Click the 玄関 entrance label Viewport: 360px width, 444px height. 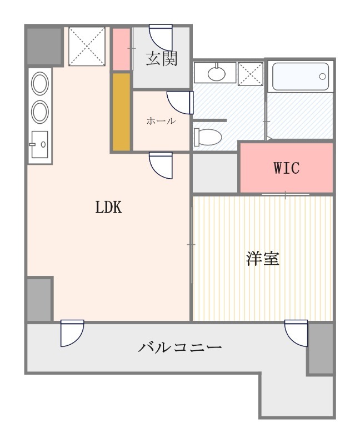tap(162, 59)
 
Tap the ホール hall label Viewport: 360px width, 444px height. tap(161, 121)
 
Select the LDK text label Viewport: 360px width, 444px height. tap(108, 207)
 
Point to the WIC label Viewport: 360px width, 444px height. tap(287, 168)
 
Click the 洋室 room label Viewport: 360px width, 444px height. tap(263, 258)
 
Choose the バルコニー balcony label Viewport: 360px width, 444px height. tap(179, 347)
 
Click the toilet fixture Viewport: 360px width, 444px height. tap(207, 137)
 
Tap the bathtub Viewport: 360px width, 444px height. tap(301, 77)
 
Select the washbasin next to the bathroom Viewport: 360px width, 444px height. tap(216, 73)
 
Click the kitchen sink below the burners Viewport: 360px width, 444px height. tap(39, 144)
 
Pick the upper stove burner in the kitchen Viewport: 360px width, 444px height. tap(39, 84)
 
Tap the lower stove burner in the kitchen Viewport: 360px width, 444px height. tap(39, 112)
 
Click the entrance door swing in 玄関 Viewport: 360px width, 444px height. tap(161, 37)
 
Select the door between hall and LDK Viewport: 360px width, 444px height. tap(161, 165)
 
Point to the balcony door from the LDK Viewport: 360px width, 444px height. tap(72, 333)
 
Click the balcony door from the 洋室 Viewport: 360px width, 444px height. tap(296, 333)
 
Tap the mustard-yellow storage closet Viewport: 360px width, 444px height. tap(121, 112)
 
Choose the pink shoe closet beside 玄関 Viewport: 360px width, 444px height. tap(121, 48)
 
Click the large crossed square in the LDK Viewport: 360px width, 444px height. tap(87, 47)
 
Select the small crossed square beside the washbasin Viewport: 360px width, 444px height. tap(251, 74)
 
